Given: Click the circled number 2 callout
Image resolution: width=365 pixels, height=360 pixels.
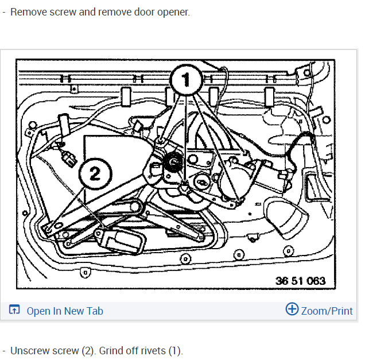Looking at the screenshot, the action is (x=95, y=175).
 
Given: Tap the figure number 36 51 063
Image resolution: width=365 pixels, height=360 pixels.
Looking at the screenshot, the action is (x=300, y=281).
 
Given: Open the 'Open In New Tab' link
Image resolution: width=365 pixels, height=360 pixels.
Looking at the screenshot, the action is (x=65, y=311).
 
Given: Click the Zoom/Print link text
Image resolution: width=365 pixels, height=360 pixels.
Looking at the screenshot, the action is (x=327, y=311).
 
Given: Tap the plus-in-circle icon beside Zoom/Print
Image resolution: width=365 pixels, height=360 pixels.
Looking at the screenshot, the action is (x=292, y=309).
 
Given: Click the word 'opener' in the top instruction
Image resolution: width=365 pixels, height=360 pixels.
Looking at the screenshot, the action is (x=173, y=12).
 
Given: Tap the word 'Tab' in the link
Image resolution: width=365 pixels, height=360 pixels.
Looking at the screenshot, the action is (x=95, y=311).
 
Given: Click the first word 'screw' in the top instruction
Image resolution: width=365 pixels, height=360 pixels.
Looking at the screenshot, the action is (x=61, y=12).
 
